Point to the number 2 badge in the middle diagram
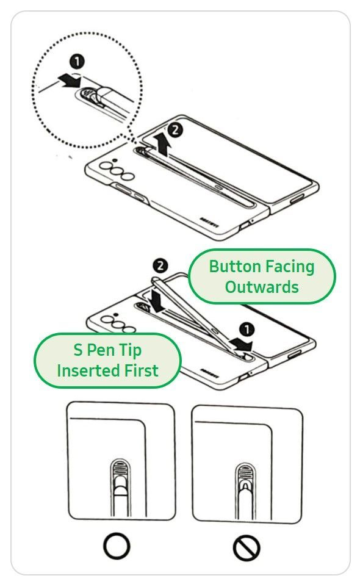[x=160, y=265]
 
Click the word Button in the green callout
[x=235, y=267]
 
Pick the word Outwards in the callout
[x=262, y=287]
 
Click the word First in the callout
[x=139, y=370]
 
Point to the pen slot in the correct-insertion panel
[x=120, y=482]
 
